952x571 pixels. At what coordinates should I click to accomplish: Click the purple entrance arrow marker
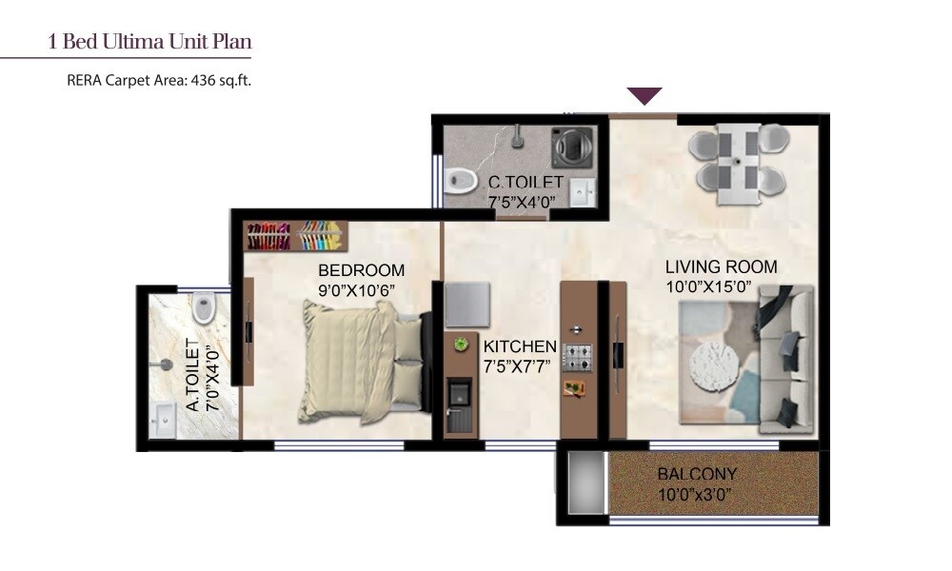pos(645,95)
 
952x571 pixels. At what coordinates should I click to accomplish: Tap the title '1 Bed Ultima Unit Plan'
pos(149,42)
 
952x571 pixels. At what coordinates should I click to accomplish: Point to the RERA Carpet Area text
pos(159,81)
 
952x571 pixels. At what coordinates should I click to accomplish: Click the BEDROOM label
pos(361,270)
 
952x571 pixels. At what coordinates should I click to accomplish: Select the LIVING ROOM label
pos(721,267)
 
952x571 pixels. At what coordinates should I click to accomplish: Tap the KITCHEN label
pos(519,346)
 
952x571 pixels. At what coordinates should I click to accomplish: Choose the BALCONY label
pos(697,474)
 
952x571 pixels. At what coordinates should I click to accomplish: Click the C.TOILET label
pos(526,182)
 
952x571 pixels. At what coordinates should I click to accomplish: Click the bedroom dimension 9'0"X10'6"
pos(361,289)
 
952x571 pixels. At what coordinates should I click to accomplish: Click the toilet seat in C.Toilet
pos(463,178)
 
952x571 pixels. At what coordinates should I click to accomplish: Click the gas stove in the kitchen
pos(577,357)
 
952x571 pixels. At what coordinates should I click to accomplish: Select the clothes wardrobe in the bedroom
pos(296,235)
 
